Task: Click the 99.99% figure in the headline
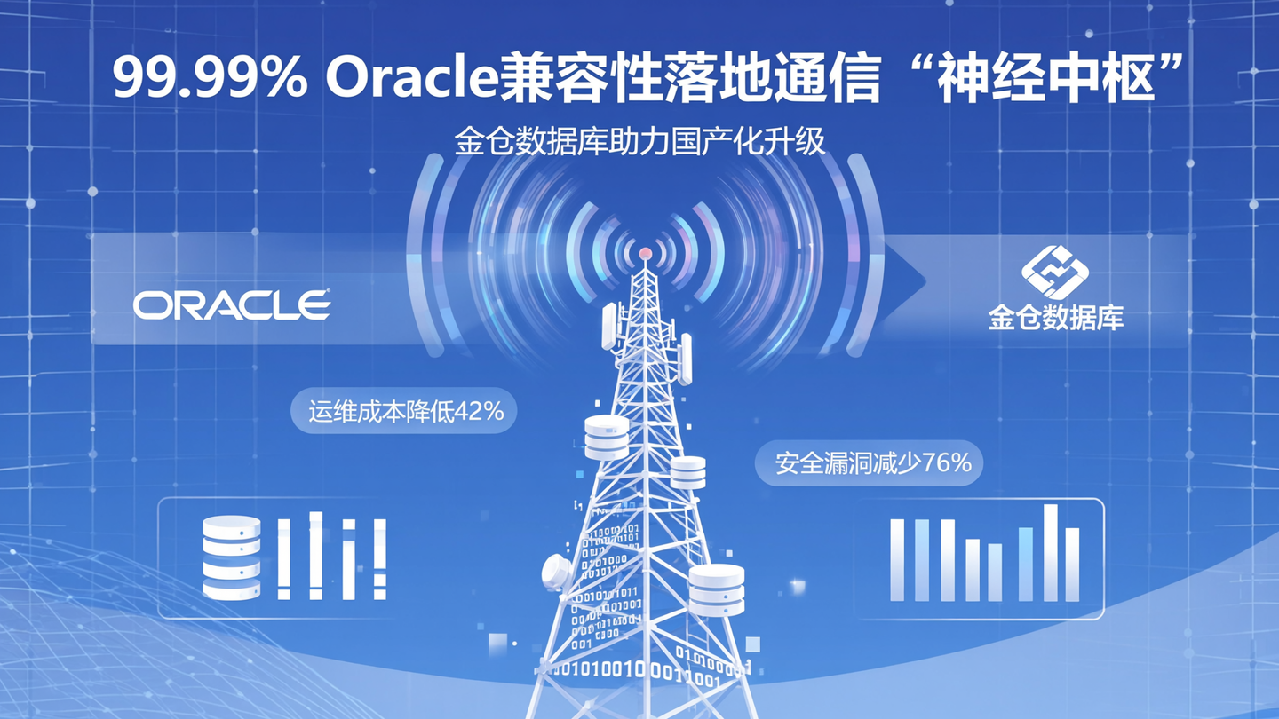pos(210,78)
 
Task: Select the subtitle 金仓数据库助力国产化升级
pos(639,142)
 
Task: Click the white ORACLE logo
pos(233,305)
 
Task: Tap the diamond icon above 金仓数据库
pos(1055,272)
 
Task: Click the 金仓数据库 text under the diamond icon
pos(1056,318)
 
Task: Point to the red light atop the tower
pos(646,255)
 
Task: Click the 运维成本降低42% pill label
pos(405,412)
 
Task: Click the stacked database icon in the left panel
pos(231,557)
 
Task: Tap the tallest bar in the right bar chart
pos(1051,552)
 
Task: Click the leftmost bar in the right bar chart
pos(897,559)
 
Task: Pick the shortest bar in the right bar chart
pos(995,572)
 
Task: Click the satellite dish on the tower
pos(558,573)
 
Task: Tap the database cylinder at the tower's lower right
pos(717,589)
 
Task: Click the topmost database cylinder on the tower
pos(607,437)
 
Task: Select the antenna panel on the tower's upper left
pos(609,326)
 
